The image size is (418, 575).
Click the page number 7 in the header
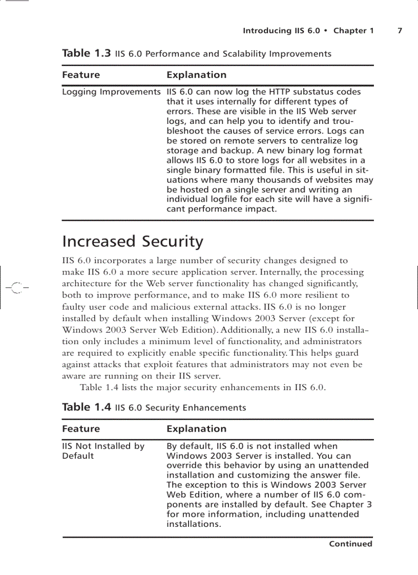pos(400,31)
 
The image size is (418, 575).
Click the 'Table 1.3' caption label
pos(86,53)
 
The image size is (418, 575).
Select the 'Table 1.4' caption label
pos(86,408)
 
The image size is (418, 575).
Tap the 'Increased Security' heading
pos(132,241)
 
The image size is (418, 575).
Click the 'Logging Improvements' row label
pos(111,92)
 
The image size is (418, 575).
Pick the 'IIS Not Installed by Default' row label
pos(103,451)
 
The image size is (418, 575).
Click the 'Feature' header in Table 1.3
pos(81,75)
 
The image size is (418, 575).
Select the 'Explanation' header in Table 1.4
pos(196,429)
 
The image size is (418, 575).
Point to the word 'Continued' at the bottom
pos(350,544)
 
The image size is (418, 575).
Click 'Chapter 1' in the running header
pos(353,31)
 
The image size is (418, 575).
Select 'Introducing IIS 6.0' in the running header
pos(281,31)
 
